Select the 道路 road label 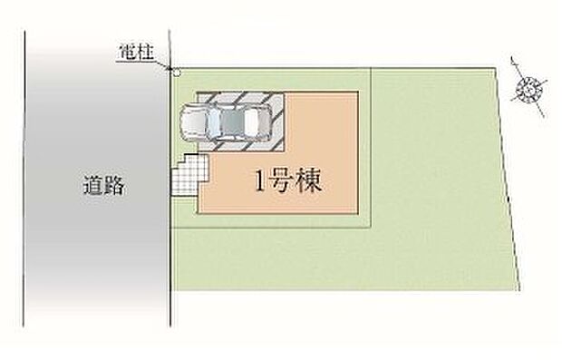[101, 189]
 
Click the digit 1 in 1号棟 [259, 181]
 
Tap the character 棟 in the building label [313, 180]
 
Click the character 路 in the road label [112, 189]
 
